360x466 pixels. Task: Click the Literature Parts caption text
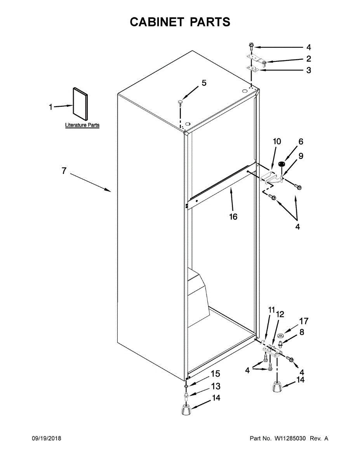82,125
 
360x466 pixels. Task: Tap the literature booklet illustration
80,103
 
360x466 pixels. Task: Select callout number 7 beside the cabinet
64,170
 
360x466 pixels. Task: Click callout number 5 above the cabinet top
204,83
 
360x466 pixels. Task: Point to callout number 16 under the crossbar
233,217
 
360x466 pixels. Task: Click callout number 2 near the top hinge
308,59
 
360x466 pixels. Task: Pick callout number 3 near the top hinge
308,70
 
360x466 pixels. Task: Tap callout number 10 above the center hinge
277,141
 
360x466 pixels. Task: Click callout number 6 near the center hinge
301,142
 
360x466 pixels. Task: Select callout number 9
301,156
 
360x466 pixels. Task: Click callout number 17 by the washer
303,321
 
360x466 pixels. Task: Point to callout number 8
302,332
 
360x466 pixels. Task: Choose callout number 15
215,374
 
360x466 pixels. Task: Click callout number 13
216,386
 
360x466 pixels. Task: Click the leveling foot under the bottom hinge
277,388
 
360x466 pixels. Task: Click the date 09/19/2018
46,438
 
